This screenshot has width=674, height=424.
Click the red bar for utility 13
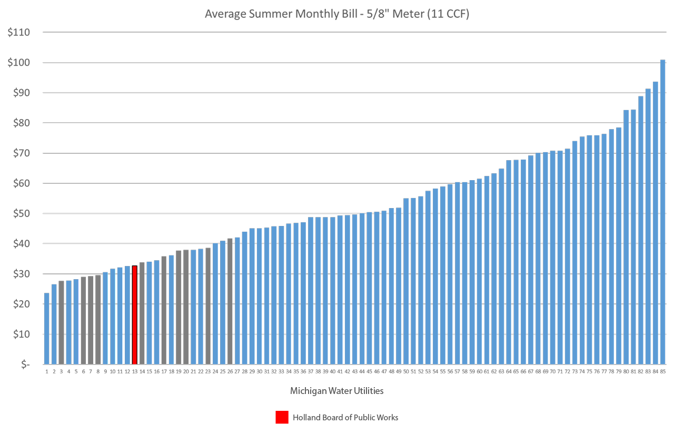(135, 315)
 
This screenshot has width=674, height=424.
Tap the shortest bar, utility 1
(47, 329)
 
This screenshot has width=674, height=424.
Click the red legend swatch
(282, 417)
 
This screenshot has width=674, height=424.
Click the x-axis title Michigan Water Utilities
(336, 391)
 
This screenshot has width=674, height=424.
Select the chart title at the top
(337, 14)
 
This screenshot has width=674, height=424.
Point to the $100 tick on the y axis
(19, 63)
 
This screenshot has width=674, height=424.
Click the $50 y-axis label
(19, 214)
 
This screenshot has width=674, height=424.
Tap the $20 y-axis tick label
(19, 304)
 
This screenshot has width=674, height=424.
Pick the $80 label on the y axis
(19, 123)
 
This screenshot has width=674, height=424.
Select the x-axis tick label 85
(663, 372)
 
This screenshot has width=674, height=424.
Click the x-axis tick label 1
(47, 372)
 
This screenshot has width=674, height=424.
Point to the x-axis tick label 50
(406, 372)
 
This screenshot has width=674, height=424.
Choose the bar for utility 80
(627, 237)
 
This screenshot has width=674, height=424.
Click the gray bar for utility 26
(230, 301)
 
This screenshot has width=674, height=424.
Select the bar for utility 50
(406, 281)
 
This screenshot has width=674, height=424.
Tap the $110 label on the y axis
(19, 33)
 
